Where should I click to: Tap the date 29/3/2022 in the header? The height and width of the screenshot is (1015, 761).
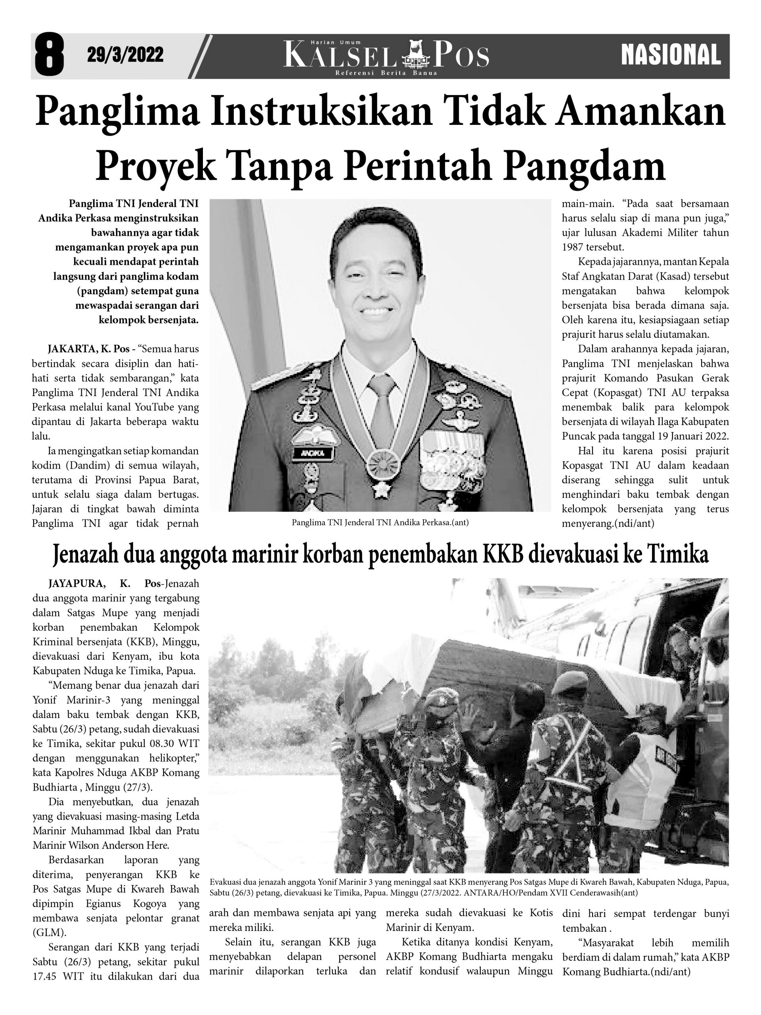pos(125,56)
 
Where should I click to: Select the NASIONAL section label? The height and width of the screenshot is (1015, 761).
pos(671,56)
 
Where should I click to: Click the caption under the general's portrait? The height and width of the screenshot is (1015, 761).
pos(380,522)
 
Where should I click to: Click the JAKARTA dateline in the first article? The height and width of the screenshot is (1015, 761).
pos(71,349)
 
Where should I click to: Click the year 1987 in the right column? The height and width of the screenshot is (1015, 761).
pos(573,247)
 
